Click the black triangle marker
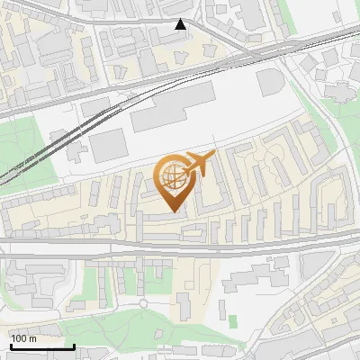click(181, 25)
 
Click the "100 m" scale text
click(24, 338)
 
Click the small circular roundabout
click(142, 303)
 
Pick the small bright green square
click(232, 320)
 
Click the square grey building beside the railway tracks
click(108, 144)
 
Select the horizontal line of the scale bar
click(42, 346)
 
